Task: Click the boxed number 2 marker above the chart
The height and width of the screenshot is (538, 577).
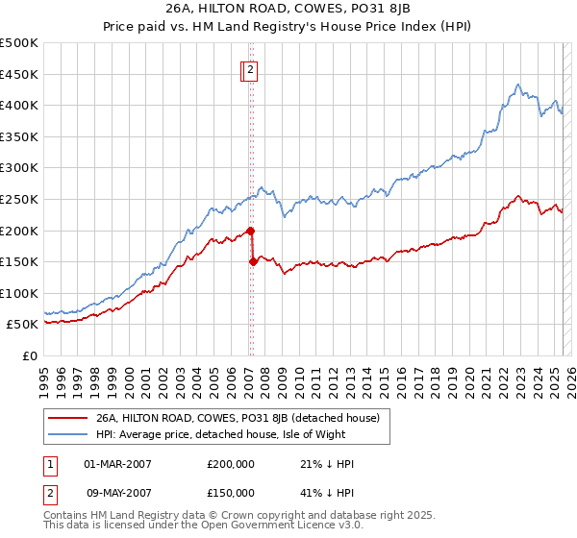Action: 249,68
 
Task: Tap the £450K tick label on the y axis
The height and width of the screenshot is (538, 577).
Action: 20,74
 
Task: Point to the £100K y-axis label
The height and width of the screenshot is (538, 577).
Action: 20,293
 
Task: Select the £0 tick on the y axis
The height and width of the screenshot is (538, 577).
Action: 31,355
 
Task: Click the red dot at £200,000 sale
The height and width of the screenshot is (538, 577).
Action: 250,231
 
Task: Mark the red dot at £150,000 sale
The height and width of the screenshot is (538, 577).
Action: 253,261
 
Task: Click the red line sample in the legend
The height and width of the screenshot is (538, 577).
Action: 68,418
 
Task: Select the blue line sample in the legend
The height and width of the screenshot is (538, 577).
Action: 68,434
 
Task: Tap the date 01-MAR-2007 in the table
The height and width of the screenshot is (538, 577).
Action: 118,464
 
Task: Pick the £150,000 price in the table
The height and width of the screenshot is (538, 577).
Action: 231,493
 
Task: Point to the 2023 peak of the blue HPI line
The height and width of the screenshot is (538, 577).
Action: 518,85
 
